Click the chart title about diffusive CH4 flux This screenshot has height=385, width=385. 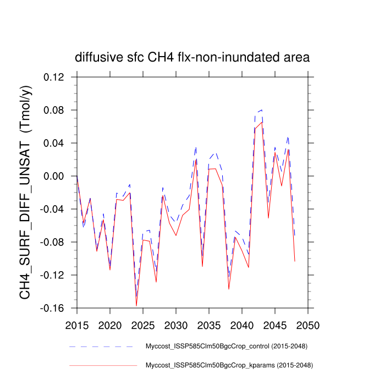pos(193,57)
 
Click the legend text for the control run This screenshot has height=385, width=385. pos(226,346)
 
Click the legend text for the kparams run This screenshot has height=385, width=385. pos(227,365)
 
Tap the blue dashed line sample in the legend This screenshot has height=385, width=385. pos(102,346)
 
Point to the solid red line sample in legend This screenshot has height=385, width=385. pos(102,365)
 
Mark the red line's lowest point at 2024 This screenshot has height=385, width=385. pos(136,306)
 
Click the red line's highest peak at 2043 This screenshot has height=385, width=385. pos(262,122)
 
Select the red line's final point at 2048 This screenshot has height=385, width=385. pos(295,261)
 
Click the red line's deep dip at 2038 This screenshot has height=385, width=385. pos(229,289)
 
